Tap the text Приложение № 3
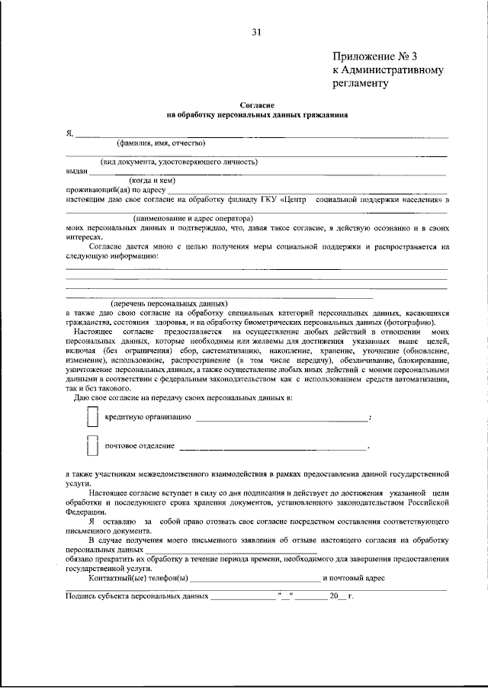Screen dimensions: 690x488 click(375, 56)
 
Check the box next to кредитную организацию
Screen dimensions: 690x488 click(92, 417)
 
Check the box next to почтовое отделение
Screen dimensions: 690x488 click(92, 445)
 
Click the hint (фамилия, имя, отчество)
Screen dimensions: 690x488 click(160, 143)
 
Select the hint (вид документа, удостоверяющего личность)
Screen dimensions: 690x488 click(180, 162)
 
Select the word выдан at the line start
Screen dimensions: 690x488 click(76, 172)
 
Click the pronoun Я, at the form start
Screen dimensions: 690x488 click(69, 133)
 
